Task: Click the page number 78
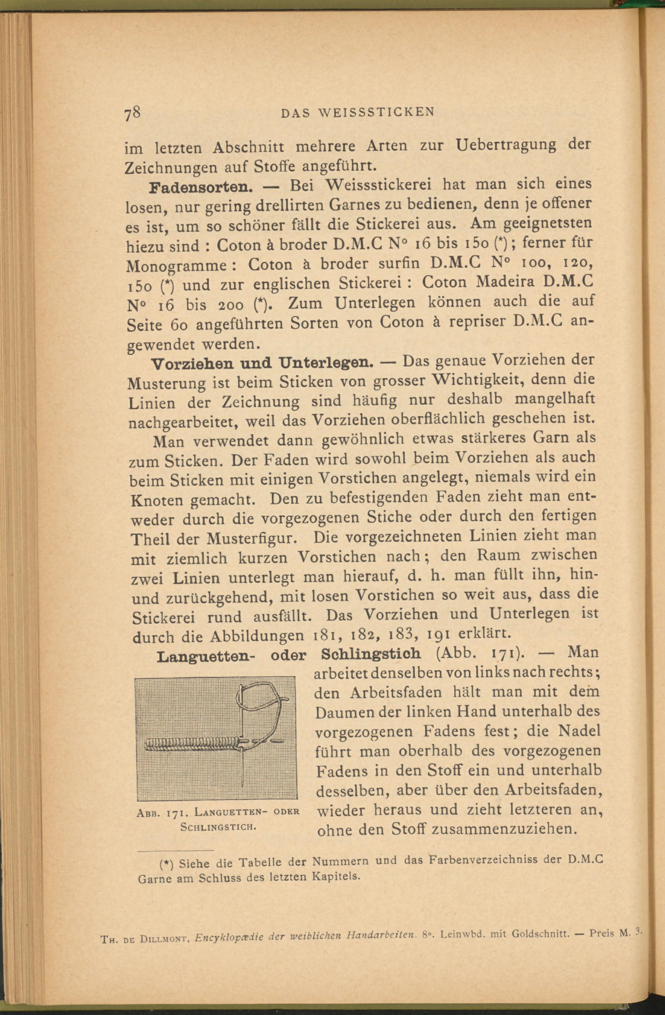point(132,114)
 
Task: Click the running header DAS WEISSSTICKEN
point(357,112)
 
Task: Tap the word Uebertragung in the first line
point(505,145)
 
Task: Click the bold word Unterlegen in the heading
point(326,362)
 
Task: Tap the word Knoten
point(157,501)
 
